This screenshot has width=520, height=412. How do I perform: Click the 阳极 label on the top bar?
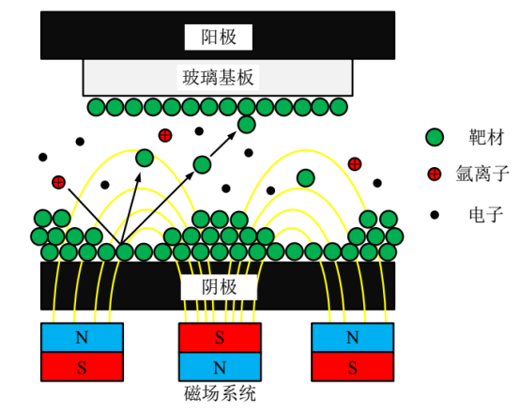coord(219,37)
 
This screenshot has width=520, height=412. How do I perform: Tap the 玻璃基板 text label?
coord(218,77)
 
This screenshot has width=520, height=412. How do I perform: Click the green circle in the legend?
coord(435,138)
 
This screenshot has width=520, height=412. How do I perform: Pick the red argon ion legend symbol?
coord(435,174)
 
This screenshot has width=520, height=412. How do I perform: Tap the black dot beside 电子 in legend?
coord(435,215)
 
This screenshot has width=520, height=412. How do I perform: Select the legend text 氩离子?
coord(486,174)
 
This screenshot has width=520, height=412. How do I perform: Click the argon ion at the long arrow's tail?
coord(58,181)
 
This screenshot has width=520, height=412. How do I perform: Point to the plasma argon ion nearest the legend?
coord(354,164)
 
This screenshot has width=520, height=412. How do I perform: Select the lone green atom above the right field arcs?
coord(305,177)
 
